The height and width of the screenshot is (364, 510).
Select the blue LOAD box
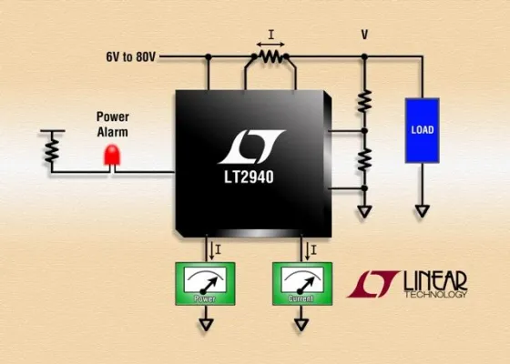click(423, 129)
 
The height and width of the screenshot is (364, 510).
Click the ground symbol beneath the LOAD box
click(423, 212)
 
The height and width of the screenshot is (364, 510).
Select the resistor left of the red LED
click(52, 144)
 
